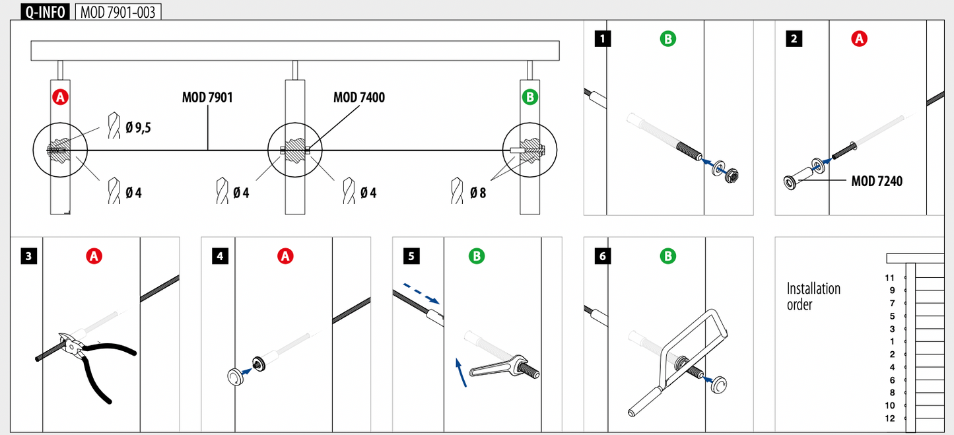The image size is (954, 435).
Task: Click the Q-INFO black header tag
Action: (x=45, y=11)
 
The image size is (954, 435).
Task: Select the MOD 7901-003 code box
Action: (x=118, y=12)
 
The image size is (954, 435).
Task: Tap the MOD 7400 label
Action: (x=359, y=98)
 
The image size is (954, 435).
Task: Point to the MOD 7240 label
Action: (x=877, y=182)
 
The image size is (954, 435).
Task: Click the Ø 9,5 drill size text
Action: (x=138, y=127)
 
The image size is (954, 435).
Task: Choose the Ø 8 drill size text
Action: (x=478, y=193)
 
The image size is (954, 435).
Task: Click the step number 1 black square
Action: (x=603, y=39)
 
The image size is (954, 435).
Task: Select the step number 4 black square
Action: (x=221, y=256)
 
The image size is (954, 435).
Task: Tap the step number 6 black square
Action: (x=603, y=256)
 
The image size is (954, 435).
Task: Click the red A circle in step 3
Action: (x=94, y=256)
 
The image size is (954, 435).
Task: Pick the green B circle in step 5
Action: (x=477, y=256)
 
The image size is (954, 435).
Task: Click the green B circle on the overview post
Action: (x=529, y=98)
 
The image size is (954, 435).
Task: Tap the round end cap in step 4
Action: (x=236, y=378)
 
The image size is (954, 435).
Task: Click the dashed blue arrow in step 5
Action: (x=421, y=294)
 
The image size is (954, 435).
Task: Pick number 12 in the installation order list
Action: (x=890, y=418)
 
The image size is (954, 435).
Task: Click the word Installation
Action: (x=813, y=289)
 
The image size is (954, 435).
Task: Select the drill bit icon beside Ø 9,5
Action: (x=114, y=125)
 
